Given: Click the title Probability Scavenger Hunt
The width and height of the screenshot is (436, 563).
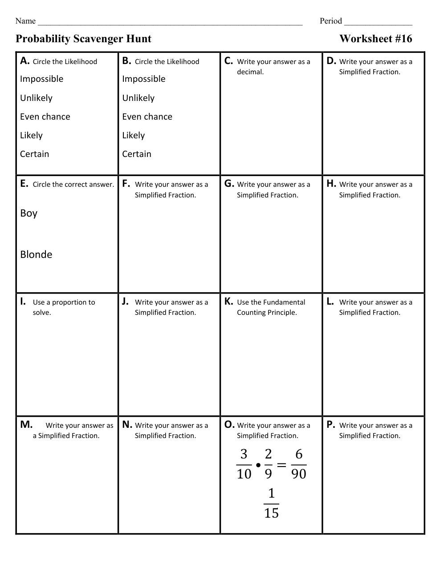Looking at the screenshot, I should [x=83, y=39].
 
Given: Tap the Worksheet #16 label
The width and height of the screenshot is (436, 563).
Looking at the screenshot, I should [x=375, y=39].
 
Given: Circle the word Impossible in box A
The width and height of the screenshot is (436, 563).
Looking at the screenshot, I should [x=41, y=79].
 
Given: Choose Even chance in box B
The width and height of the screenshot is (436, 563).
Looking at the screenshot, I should [x=147, y=117].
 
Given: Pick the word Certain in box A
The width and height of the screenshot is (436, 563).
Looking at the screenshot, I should [x=34, y=154].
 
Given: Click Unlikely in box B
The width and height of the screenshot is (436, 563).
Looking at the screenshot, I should [x=138, y=98].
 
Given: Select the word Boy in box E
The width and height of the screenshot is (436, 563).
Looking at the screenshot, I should [x=29, y=213].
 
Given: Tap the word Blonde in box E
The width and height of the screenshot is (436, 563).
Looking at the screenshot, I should [x=36, y=255].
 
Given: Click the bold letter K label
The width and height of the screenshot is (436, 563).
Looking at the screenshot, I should [x=228, y=302].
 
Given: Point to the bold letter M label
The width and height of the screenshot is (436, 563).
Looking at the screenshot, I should [x=26, y=425].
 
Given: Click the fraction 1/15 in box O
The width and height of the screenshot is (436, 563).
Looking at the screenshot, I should [x=271, y=503].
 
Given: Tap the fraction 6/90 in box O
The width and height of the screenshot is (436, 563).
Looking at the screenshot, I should [x=299, y=464].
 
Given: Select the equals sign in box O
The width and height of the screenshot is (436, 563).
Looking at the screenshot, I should [x=281, y=465].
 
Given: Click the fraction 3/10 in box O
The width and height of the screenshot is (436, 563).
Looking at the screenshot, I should [x=244, y=464].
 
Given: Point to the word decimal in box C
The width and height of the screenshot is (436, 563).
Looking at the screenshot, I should [x=250, y=72].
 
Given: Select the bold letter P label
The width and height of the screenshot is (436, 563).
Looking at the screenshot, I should [x=330, y=425].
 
